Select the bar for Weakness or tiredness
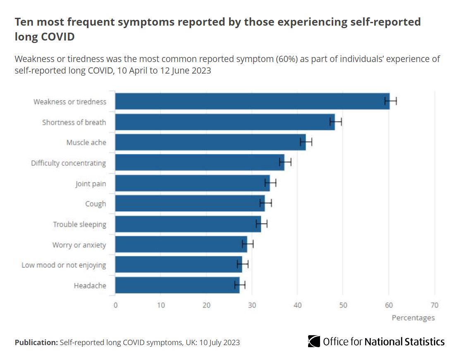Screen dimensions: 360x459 click(252, 101)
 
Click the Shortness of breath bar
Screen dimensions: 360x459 click(225, 122)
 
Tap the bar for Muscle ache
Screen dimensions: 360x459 click(210, 142)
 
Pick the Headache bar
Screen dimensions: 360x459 click(177, 285)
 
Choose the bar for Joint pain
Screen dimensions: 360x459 click(192, 183)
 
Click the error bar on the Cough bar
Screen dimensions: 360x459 click(265, 203)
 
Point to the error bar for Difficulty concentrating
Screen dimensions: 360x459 click(285, 163)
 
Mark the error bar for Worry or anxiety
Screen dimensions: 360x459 click(248, 244)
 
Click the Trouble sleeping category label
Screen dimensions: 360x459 click(79, 224)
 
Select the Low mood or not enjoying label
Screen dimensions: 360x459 click(64, 265)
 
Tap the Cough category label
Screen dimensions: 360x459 click(96, 204)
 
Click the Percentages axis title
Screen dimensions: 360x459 click(413, 318)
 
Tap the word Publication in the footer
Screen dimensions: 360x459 click(36, 343)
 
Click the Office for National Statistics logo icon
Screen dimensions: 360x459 click(314, 341)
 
